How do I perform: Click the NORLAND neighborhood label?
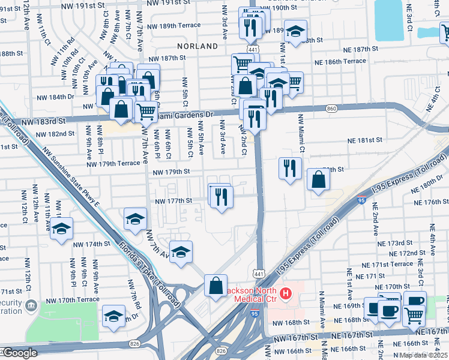pos(197,46)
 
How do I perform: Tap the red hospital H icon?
pos(286,294)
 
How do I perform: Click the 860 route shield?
pos(332,108)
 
